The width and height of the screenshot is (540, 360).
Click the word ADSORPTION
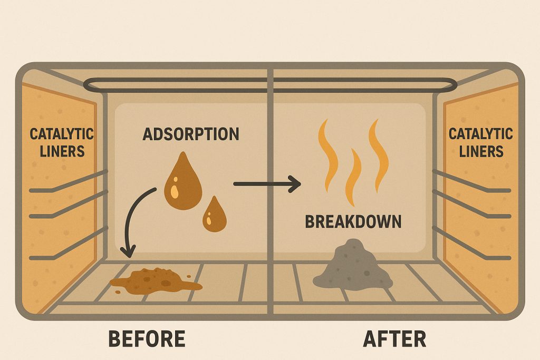[191, 134]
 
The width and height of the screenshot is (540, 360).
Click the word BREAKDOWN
[353, 222]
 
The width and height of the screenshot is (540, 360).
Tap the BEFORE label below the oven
[147, 339]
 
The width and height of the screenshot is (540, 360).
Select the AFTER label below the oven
[394, 339]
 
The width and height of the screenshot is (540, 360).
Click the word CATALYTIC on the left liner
[62, 134]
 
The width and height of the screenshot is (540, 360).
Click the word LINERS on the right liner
[481, 151]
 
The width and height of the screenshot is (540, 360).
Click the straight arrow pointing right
[267, 184]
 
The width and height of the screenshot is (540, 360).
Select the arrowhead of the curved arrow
[128, 251]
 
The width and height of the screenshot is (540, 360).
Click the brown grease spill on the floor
[156, 281]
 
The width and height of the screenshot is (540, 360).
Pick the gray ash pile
[353, 264]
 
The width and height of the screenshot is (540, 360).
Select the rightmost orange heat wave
[379, 155]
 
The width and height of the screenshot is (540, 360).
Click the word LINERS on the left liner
[62, 151]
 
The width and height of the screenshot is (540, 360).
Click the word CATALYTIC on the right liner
[481, 134]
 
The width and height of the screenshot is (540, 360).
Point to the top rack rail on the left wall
[69, 181]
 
